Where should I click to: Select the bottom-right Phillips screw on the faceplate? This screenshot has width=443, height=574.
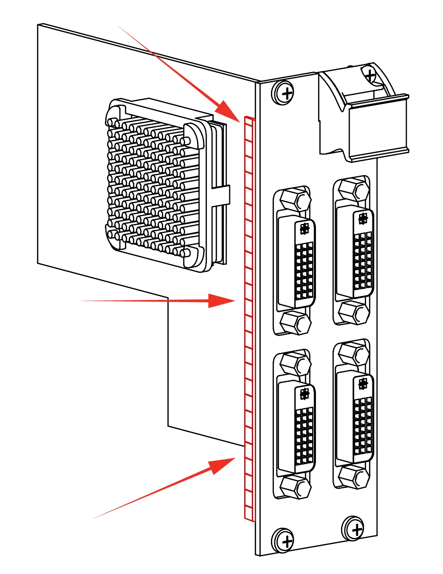click(354, 529)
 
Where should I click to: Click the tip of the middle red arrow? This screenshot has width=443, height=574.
click(235, 301)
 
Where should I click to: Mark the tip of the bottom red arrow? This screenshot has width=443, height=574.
click(236, 457)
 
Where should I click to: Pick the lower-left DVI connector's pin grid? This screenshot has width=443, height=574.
click(305, 435)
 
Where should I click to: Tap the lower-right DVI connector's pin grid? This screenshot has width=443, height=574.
click(363, 424)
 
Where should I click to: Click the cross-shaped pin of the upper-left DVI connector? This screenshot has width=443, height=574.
click(305, 229)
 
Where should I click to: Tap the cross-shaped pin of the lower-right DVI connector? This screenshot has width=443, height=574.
click(363, 384)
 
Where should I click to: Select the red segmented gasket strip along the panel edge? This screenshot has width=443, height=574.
click(249, 318)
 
